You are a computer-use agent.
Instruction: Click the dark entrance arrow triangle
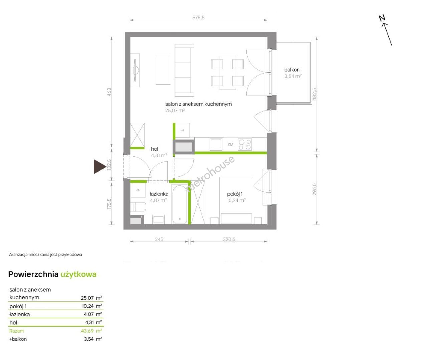pyautogui.click(x=100, y=167)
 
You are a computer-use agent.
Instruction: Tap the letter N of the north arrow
pyautogui.click(x=382, y=18)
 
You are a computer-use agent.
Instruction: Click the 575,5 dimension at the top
pyautogui.click(x=198, y=18)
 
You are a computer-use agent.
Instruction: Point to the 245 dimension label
pyautogui.click(x=159, y=239)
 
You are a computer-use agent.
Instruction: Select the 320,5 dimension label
pyautogui.click(x=229, y=239)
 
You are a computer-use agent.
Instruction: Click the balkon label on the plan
pyautogui.click(x=292, y=70)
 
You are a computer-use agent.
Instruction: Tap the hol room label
pyautogui.click(x=155, y=149)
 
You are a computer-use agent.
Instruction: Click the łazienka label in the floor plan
pyautogui.click(x=159, y=194)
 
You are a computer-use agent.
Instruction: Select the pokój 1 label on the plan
pyautogui.click(x=235, y=194)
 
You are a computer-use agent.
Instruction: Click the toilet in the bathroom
pyautogui.click(x=138, y=207)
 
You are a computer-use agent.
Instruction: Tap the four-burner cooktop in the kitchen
pyautogui.click(x=245, y=145)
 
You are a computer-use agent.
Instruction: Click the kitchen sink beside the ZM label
pyautogui.click(x=216, y=144)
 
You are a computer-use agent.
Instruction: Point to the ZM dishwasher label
pyautogui.click(x=230, y=145)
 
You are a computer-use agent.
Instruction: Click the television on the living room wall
pyautogui.click(x=135, y=70)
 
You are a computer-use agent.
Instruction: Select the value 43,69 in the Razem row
pyautogui.click(x=87, y=331)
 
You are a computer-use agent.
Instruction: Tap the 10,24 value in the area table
pyautogui.click(x=88, y=306)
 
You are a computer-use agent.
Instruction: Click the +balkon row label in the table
pyautogui.click(x=18, y=339)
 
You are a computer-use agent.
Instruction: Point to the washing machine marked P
pyautogui.click(x=138, y=190)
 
